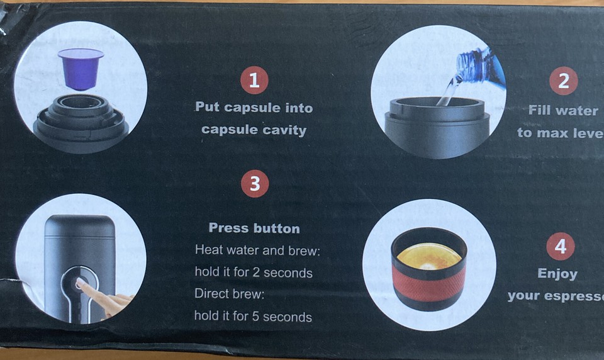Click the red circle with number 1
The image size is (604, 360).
pos(254,81)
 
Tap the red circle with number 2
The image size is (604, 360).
pos(563,81)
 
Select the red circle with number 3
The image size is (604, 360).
pos(255,184)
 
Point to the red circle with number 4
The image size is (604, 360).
pos(560,247)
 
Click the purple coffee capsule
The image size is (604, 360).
pos(81,67)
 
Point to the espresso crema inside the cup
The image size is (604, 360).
pos(429,256)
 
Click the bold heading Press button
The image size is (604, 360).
pos(254,228)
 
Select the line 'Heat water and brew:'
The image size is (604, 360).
pos(257,250)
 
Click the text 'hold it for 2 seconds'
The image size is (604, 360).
pos(253,273)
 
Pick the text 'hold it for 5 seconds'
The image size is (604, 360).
pos(253,317)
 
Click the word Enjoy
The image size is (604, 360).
pos(557,274)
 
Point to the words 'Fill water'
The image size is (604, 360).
pos(563,110)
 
